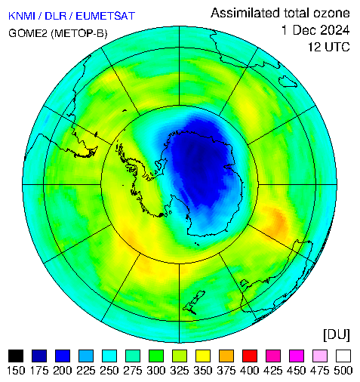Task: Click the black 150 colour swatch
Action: (16, 356)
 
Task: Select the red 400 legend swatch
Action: (250, 356)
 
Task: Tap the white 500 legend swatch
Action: (343, 356)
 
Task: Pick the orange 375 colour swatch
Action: (226, 356)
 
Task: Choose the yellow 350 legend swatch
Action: (203, 356)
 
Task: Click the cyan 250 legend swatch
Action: (109, 356)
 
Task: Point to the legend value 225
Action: (86, 371)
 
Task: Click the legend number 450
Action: (297, 371)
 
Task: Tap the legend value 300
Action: (156, 371)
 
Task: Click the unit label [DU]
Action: (337, 335)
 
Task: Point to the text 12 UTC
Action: (329, 47)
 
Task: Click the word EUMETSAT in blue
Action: (106, 16)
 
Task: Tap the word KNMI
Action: (22, 16)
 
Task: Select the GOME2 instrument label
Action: (28, 33)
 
